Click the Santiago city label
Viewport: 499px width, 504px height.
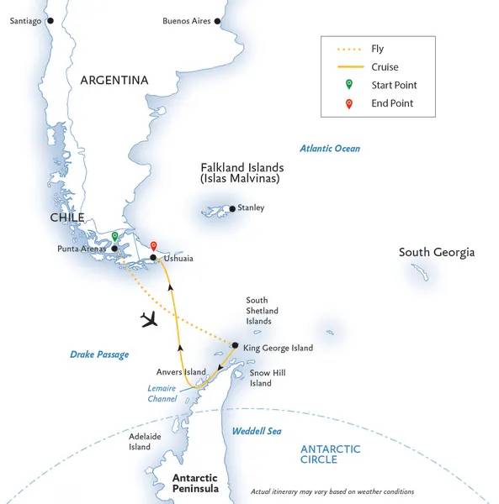(25, 21)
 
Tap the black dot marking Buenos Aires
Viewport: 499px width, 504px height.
(218, 21)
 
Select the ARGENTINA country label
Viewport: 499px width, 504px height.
(114, 81)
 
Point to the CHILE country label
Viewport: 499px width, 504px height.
(66, 217)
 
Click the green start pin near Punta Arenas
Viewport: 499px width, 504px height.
(114, 237)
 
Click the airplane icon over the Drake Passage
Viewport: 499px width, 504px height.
(151, 320)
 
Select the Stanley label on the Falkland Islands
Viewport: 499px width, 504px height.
(251, 207)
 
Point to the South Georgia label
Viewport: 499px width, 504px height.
(437, 252)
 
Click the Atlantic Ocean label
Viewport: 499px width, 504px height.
(330, 149)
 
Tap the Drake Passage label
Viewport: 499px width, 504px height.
(99, 354)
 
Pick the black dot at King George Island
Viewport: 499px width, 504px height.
(235, 344)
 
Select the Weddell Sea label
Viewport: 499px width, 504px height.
(257, 431)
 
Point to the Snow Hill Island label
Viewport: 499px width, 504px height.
(261, 379)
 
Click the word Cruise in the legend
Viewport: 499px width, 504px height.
(385, 67)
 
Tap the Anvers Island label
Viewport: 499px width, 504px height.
(181, 370)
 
